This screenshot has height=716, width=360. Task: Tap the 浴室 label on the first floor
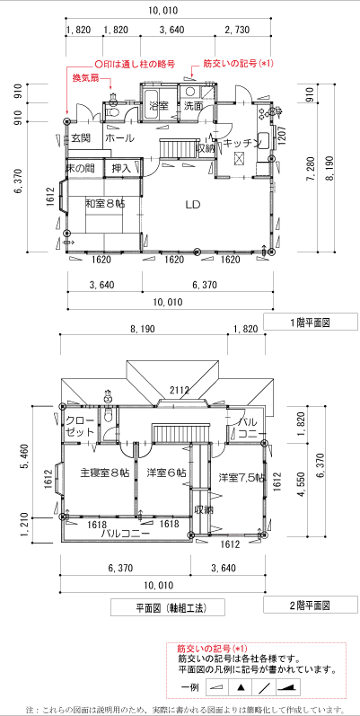click(159, 106)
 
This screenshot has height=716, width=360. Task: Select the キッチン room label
click(241, 143)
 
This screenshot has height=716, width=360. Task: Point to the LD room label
click(193, 204)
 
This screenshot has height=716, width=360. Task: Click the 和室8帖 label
click(105, 203)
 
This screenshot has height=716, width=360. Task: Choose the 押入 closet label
click(121, 168)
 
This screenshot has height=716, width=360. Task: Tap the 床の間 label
click(81, 168)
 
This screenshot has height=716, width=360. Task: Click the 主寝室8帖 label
click(105, 473)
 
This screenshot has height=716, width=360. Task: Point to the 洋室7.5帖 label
click(241, 478)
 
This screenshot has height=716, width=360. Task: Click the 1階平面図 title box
click(311, 322)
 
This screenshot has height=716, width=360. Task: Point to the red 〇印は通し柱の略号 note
click(134, 64)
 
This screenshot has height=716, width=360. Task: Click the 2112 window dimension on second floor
click(180, 390)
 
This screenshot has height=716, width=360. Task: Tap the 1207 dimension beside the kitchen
click(282, 136)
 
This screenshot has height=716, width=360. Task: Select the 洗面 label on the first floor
click(193, 106)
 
